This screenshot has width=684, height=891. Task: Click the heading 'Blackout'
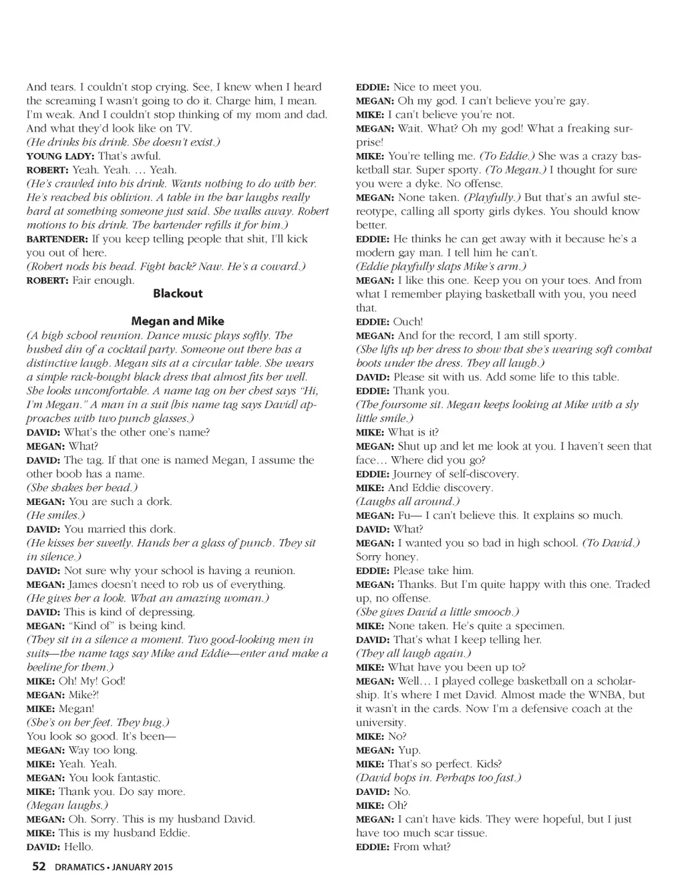tap(178, 293)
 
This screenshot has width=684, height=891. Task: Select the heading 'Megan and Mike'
tap(178, 321)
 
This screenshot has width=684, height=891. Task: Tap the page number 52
tap(39, 867)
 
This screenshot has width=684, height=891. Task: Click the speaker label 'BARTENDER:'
tap(56, 239)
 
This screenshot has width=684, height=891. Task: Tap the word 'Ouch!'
tap(407, 322)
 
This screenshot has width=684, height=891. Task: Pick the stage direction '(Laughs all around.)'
tap(407, 502)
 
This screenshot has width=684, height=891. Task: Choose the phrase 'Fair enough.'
tap(103, 281)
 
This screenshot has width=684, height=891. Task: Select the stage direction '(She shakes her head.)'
tap(79, 488)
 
